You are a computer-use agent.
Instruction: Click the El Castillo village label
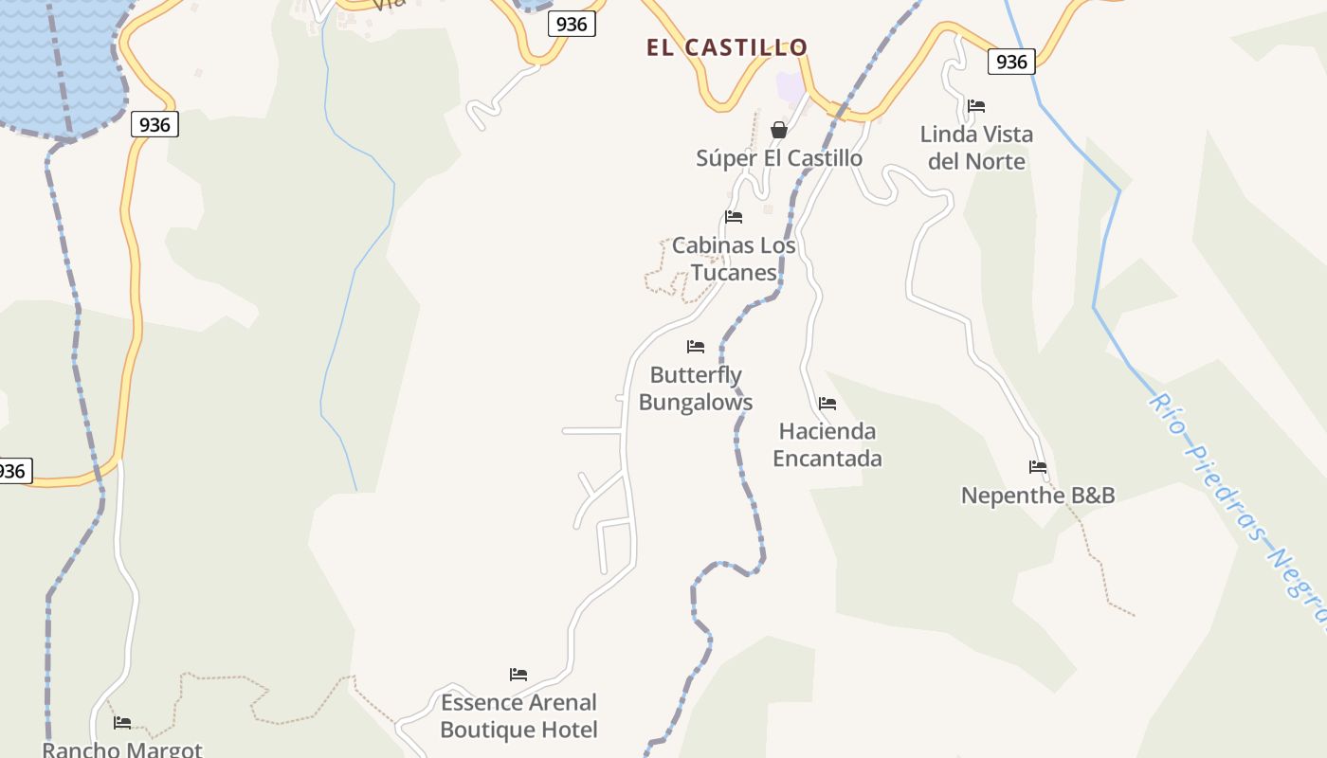click(x=727, y=47)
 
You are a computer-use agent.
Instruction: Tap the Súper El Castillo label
click(x=779, y=158)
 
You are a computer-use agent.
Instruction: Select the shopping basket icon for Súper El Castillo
click(x=779, y=129)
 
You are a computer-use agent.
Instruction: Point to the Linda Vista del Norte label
click(x=976, y=148)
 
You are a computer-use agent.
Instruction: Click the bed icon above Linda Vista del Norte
click(x=976, y=105)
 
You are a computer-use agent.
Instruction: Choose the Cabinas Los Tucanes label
click(x=734, y=259)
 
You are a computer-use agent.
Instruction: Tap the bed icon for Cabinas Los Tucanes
click(x=734, y=216)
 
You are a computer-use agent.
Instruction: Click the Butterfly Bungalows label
click(x=696, y=388)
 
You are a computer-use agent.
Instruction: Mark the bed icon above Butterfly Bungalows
click(x=696, y=346)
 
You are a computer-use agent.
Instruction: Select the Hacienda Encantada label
click(x=827, y=444)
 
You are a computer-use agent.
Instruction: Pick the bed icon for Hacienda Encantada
click(x=827, y=403)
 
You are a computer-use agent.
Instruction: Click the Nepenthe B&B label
click(x=1038, y=496)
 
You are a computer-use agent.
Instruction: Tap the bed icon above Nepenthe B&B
click(x=1038, y=466)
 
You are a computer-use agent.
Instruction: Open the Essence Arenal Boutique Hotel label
click(x=518, y=716)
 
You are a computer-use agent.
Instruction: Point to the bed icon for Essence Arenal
click(x=518, y=675)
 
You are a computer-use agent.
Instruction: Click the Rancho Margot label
click(x=122, y=749)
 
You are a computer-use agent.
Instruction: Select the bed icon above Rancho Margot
click(x=122, y=722)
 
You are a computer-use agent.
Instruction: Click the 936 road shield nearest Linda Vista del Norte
click(x=1011, y=62)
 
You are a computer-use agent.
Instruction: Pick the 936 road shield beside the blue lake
click(x=154, y=124)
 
